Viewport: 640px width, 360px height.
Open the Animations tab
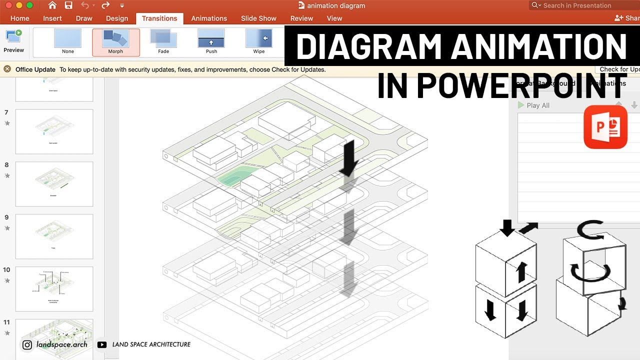pyautogui.click(x=209, y=18)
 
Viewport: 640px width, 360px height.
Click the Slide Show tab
pyautogui.click(x=258, y=18)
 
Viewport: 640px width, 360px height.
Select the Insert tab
pyautogui.click(x=52, y=18)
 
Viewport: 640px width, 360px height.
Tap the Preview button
pyautogui.click(x=13, y=41)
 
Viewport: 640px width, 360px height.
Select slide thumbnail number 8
pyautogui.click(x=54, y=184)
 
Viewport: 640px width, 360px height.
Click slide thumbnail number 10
pyautogui.click(x=54, y=289)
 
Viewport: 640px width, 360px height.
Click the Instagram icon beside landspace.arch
pyautogui.click(x=27, y=344)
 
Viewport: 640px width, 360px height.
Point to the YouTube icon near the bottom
pyautogui.click(x=102, y=344)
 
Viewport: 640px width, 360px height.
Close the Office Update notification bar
pyautogui.click(x=7, y=69)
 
